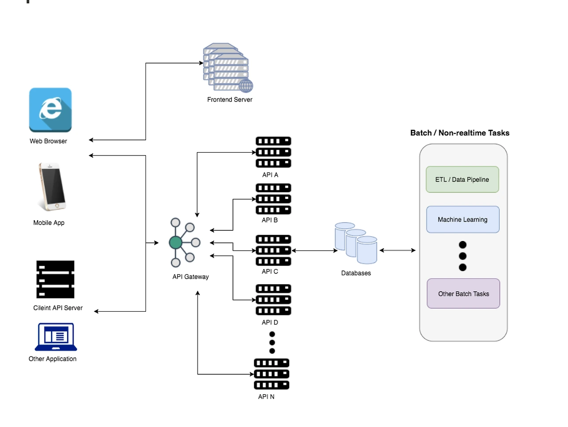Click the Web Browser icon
tap(50, 110)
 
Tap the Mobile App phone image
tap(52, 186)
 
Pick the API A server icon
tap(273, 152)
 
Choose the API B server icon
tap(273, 199)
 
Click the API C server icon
tap(273, 250)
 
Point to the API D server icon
tap(273, 300)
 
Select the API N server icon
tap(272, 374)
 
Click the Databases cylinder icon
tap(356, 243)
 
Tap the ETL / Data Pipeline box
tap(462, 179)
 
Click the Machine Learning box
tap(462, 219)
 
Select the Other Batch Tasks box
tap(463, 293)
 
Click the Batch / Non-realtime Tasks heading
tap(460, 133)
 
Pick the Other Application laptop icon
tap(56, 337)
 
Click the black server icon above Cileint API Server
tap(55, 279)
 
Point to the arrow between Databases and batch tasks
tap(398, 250)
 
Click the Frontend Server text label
tap(229, 99)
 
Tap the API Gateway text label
tap(190, 277)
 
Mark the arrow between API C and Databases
tap(315, 250)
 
